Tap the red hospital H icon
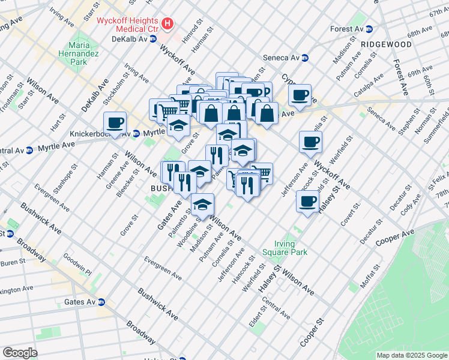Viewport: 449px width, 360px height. [168, 25]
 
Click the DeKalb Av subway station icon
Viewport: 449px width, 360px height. [153, 39]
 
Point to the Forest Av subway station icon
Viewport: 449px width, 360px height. [370, 29]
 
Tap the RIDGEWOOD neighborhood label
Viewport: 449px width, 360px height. [386, 44]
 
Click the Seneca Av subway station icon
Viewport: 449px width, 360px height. [304, 58]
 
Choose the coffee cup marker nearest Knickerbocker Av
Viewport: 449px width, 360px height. [115, 123]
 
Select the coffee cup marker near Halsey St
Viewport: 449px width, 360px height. [308, 202]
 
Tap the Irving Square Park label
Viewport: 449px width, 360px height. [282, 248]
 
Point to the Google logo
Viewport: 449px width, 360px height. [20, 353]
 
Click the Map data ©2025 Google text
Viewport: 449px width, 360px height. [411, 355]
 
